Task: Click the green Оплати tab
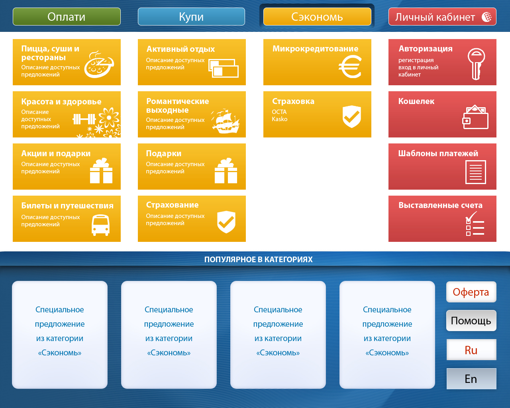[67, 17]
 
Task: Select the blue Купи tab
[191, 17]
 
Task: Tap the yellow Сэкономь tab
[317, 17]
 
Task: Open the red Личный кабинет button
[442, 17]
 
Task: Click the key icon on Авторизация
[477, 64]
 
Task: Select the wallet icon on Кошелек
[475, 117]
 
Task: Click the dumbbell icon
[84, 119]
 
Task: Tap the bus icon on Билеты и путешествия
[100, 225]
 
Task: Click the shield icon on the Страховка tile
[352, 117]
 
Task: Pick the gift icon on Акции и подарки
[101, 171]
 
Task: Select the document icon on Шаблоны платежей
[476, 172]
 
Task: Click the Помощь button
[471, 320]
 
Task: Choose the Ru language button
[471, 350]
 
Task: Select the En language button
[471, 379]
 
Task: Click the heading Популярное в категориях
[258, 259]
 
